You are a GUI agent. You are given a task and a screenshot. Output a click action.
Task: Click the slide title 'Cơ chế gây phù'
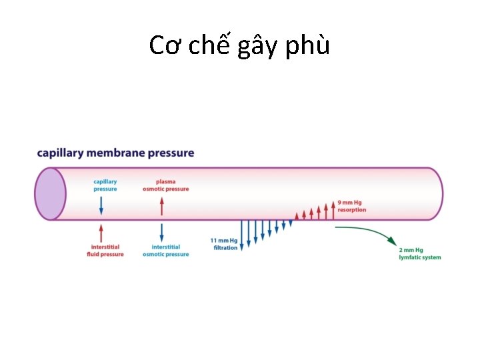[239, 45]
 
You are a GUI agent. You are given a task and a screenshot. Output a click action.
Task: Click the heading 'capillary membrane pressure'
[115, 153]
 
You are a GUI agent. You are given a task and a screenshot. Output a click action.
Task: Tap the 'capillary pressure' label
[105, 185]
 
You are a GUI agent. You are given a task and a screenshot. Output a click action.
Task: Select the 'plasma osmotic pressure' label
[165, 185]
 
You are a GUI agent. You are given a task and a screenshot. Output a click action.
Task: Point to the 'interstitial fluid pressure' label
[105, 251]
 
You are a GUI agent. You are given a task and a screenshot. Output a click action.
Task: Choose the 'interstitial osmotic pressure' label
[165, 251]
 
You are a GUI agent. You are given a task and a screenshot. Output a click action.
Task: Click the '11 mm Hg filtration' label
[224, 244]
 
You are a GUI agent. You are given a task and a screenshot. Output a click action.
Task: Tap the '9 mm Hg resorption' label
[351, 206]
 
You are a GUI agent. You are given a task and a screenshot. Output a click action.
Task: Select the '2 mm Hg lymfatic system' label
[419, 254]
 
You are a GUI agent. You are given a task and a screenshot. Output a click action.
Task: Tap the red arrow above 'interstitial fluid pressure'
[101, 233]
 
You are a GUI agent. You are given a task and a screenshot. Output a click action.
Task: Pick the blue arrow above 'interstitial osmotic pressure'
[161, 233]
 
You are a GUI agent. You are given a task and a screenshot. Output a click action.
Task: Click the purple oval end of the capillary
[50, 193]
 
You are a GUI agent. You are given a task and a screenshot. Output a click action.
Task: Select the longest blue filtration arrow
[241, 233]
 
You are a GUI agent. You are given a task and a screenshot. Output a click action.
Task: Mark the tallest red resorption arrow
[333, 209]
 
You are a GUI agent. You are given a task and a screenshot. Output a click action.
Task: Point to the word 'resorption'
[352, 210]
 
